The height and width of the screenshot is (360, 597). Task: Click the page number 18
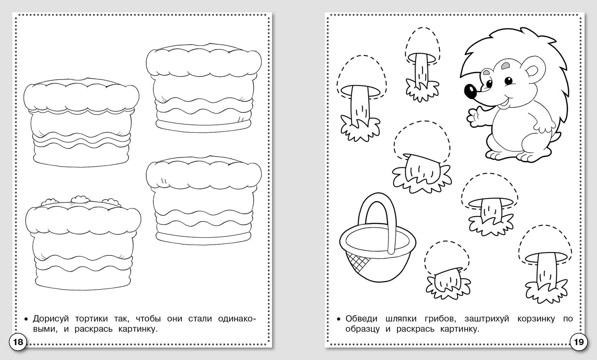(x=18, y=342)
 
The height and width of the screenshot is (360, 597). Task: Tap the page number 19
(x=578, y=342)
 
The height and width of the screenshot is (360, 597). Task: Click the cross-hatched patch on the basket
(x=357, y=263)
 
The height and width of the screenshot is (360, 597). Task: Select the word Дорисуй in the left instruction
(x=51, y=319)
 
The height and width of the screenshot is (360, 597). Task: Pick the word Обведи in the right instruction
(x=362, y=319)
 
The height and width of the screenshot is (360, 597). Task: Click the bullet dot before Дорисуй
(x=26, y=319)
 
